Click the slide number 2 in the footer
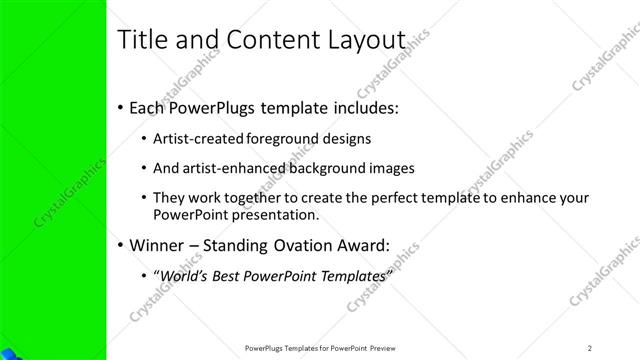(590, 347)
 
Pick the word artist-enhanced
(229, 168)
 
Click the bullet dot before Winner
(121, 245)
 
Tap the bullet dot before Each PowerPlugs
(121, 105)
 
